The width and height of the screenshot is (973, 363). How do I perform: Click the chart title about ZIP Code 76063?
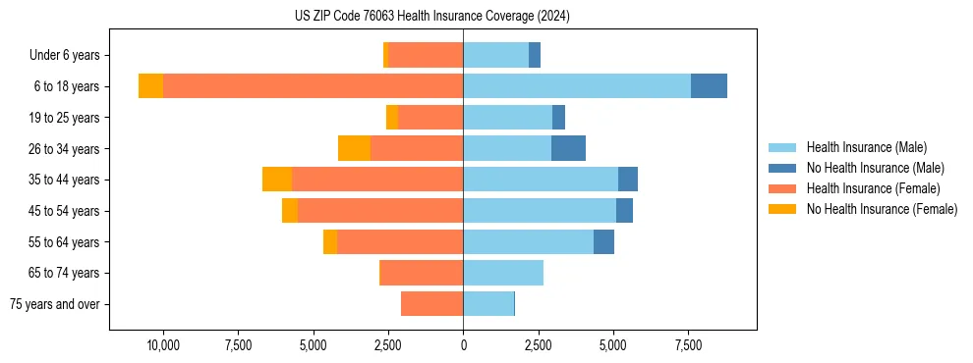(x=432, y=17)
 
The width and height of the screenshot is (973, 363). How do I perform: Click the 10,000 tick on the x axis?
(x=162, y=345)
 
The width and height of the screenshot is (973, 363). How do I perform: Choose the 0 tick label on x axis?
(x=463, y=345)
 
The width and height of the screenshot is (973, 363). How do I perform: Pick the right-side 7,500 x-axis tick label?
(x=688, y=345)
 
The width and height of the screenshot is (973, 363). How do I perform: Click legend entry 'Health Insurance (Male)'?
(x=866, y=147)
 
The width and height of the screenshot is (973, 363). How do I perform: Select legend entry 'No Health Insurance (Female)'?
(x=882, y=209)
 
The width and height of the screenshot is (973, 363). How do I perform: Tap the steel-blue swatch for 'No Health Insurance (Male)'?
(x=782, y=168)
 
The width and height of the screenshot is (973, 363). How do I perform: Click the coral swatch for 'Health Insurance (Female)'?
(x=782, y=188)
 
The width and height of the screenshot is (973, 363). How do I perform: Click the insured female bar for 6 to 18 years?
(x=313, y=86)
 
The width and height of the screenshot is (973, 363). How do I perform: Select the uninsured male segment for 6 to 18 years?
(x=709, y=86)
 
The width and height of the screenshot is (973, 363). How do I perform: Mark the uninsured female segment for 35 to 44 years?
(x=277, y=180)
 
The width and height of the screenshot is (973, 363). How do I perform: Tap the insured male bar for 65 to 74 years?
(x=503, y=273)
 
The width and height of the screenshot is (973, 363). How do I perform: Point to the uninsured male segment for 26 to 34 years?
(x=568, y=148)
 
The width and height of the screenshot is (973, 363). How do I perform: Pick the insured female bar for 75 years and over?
(x=431, y=304)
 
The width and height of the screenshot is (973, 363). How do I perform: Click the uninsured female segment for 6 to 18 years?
(x=150, y=86)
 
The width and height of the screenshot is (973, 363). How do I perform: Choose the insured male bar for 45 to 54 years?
(x=540, y=211)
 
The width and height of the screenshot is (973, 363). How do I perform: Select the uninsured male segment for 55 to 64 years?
(x=603, y=241)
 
